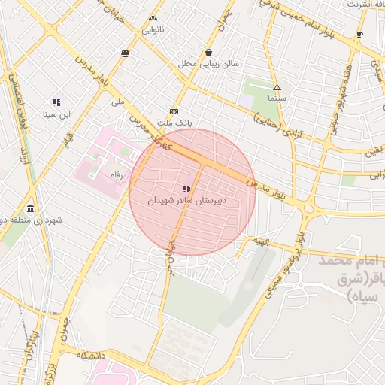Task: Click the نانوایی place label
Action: coord(153,31)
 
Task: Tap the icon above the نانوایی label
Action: coord(153,18)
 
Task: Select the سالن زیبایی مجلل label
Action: coord(208,65)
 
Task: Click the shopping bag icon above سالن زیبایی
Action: coord(208,52)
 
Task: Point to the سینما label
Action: coord(277,99)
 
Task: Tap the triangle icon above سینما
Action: coord(277,87)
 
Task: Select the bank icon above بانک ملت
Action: coord(174,110)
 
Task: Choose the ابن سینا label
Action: coord(56,115)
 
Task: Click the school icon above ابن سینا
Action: coord(56,102)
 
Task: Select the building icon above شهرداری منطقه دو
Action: coord(30,208)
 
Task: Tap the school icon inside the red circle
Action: coord(186,189)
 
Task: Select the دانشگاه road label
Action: coord(88,355)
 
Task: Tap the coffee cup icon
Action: coord(359,34)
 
